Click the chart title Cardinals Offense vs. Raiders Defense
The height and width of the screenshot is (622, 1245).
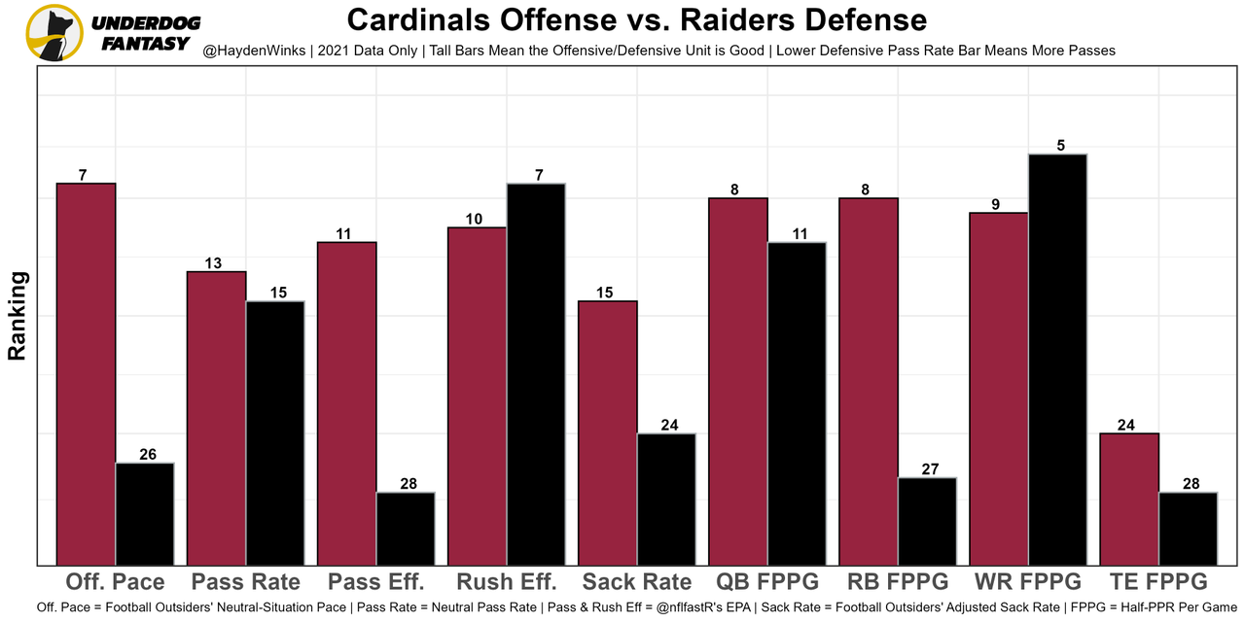coord(637,19)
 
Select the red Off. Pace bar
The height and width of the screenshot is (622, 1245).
coord(87,373)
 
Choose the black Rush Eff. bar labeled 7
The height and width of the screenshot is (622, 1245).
coord(536,373)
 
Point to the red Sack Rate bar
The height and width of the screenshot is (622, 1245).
coord(608,432)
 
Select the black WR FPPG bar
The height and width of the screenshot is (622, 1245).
coord(1057,359)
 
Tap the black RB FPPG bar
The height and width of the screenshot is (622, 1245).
coord(927,521)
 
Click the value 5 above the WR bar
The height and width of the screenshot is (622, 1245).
coord(1060,146)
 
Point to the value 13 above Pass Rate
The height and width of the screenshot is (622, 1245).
coord(214,263)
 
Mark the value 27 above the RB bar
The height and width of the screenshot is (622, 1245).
coord(929,469)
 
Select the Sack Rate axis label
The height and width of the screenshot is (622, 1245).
coord(637,582)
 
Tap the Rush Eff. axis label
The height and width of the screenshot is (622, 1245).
coord(507,582)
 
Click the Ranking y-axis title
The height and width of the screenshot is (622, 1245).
coord(18,316)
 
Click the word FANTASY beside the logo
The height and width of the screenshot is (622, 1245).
coord(144,43)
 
